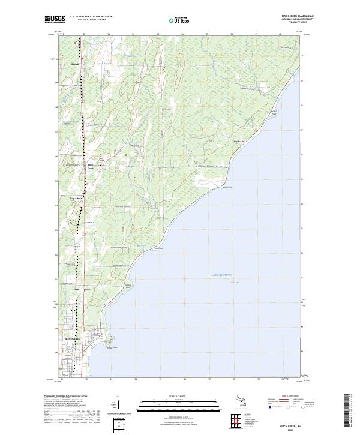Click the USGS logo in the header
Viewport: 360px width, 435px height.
coord(55,19)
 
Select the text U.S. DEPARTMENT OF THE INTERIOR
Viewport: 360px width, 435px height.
coord(91,17)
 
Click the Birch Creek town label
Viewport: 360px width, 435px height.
coord(91,167)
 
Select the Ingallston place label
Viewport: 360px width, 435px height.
coord(239,142)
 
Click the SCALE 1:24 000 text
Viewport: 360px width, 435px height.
coord(179,395)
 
